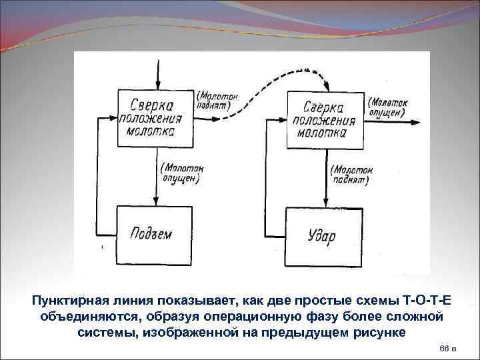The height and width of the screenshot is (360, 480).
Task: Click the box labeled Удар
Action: tap(323, 235)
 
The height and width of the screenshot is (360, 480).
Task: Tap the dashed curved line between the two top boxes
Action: tap(267, 93)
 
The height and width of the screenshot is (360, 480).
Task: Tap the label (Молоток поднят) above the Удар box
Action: tap(351, 175)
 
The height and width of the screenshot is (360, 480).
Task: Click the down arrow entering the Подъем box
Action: tap(157, 200)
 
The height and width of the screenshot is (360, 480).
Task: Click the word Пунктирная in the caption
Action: tap(71, 300)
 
